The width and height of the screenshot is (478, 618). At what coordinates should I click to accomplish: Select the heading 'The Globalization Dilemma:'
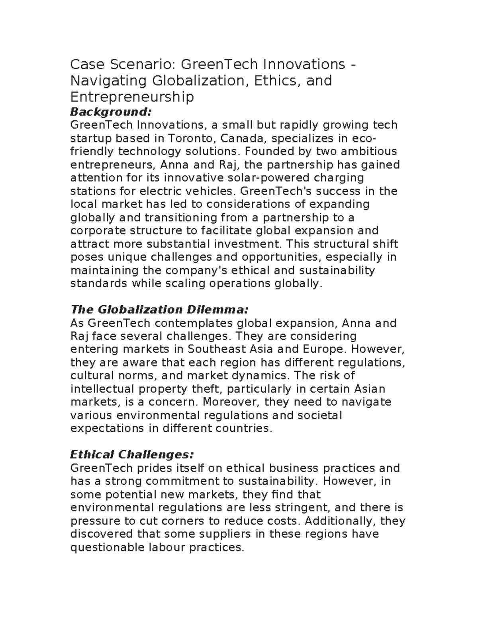tap(159, 309)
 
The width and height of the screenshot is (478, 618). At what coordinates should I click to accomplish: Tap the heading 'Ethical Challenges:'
tap(132, 454)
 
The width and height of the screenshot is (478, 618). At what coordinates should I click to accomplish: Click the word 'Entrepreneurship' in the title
tap(132, 97)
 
